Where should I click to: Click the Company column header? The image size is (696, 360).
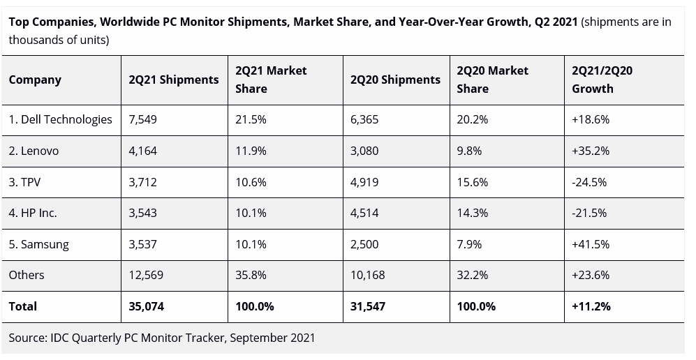[35, 80]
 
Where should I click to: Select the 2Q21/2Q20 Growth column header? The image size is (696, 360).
[602, 80]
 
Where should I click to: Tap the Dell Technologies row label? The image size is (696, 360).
[60, 119]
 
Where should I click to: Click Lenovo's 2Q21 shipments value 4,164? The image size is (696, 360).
[143, 151]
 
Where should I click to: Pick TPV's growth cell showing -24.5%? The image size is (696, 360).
[589, 182]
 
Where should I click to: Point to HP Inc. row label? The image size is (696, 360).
[33, 213]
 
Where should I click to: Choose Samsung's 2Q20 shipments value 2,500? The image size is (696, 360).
[364, 244]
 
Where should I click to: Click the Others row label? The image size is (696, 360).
[27, 275]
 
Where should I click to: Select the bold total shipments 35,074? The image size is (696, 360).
[146, 306]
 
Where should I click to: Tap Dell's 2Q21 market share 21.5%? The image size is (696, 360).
[251, 119]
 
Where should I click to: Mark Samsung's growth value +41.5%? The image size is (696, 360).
[591, 244]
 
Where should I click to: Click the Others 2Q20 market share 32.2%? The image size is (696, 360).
[472, 275]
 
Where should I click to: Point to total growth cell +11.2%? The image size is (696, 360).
[591, 306]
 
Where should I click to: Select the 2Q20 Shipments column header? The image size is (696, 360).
[395, 80]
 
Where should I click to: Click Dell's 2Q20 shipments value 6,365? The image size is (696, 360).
[364, 119]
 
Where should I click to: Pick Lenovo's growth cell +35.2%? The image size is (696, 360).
[591, 151]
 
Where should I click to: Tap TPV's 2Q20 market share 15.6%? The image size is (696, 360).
[472, 182]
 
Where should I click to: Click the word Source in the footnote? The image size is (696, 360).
[27, 338]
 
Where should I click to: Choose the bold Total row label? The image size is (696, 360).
[23, 306]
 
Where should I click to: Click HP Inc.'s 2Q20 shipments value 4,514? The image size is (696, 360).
[364, 213]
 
